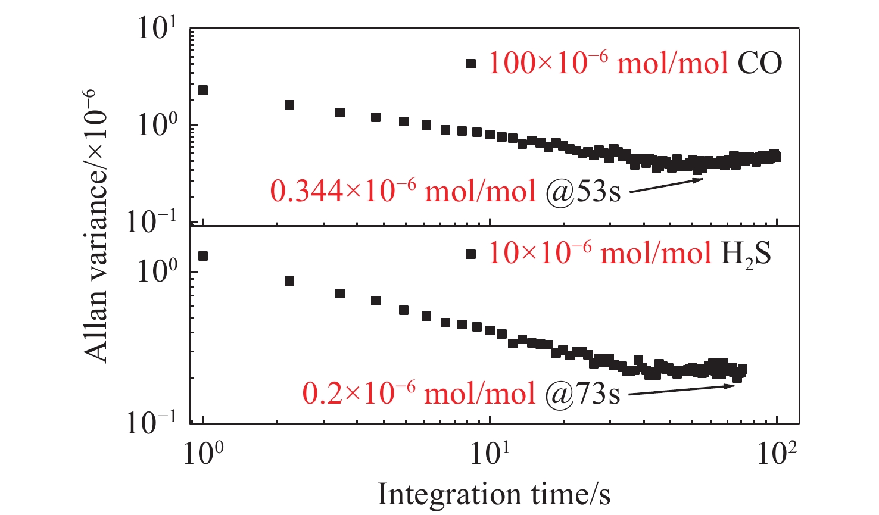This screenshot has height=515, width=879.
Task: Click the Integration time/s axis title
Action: pyautogui.click(x=494, y=494)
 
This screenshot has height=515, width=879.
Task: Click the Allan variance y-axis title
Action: pyautogui.click(x=97, y=227)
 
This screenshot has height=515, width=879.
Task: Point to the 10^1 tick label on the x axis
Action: pyautogui.click(x=490, y=455)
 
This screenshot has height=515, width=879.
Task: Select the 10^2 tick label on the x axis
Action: pyautogui.click(x=777, y=455)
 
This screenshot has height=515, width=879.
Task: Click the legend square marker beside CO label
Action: pyautogui.click(x=471, y=64)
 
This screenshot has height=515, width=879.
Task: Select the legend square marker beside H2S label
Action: pyautogui.click(x=471, y=254)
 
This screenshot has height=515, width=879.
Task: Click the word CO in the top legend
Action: pyautogui.click(x=759, y=63)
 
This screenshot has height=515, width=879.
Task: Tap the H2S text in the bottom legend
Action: pyautogui.click(x=746, y=255)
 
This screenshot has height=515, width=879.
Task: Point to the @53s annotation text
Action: pyautogui.click(x=583, y=192)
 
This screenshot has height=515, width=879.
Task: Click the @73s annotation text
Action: pyautogui.click(x=583, y=394)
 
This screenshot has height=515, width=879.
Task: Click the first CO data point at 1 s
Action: pyautogui.click(x=203, y=90)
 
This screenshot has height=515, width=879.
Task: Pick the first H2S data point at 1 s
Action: pyautogui.click(x=203, y=256)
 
